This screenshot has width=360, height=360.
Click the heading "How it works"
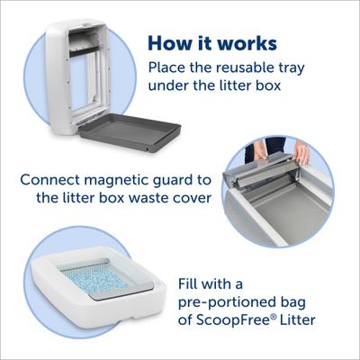tap(212, 44)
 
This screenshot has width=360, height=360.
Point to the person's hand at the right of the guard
tap(301, 154)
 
